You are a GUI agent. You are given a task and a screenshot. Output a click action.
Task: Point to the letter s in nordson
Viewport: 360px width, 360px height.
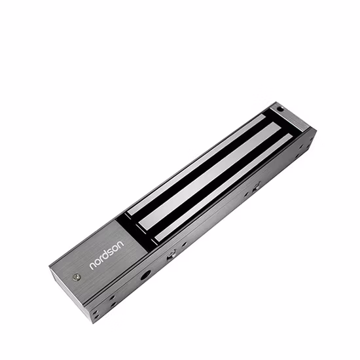point(112,253)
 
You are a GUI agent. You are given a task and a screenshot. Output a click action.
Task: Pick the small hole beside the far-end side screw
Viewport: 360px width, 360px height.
point(247,194)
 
